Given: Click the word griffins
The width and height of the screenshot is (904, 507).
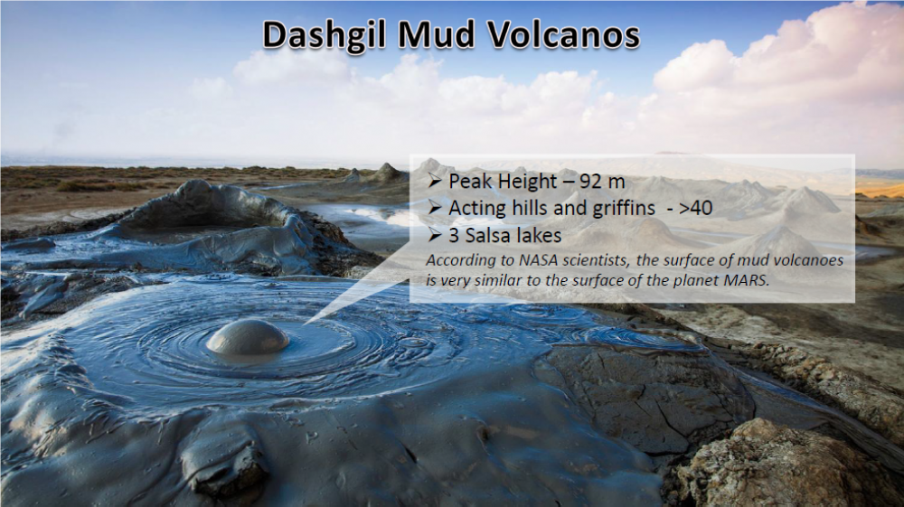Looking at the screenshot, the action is click(620, 208).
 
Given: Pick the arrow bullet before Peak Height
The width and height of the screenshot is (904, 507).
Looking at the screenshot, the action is click(435, 182).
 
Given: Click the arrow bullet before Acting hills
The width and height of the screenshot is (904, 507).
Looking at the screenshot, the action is click(435, 209).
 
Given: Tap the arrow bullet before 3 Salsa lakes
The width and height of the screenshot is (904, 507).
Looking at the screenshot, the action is click(435, 235).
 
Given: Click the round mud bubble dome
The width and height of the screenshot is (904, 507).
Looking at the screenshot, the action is click(248, 338).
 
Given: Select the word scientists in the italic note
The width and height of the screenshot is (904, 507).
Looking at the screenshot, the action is click(596, 260).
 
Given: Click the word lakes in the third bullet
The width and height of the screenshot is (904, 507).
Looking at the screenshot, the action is click(541, 235).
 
